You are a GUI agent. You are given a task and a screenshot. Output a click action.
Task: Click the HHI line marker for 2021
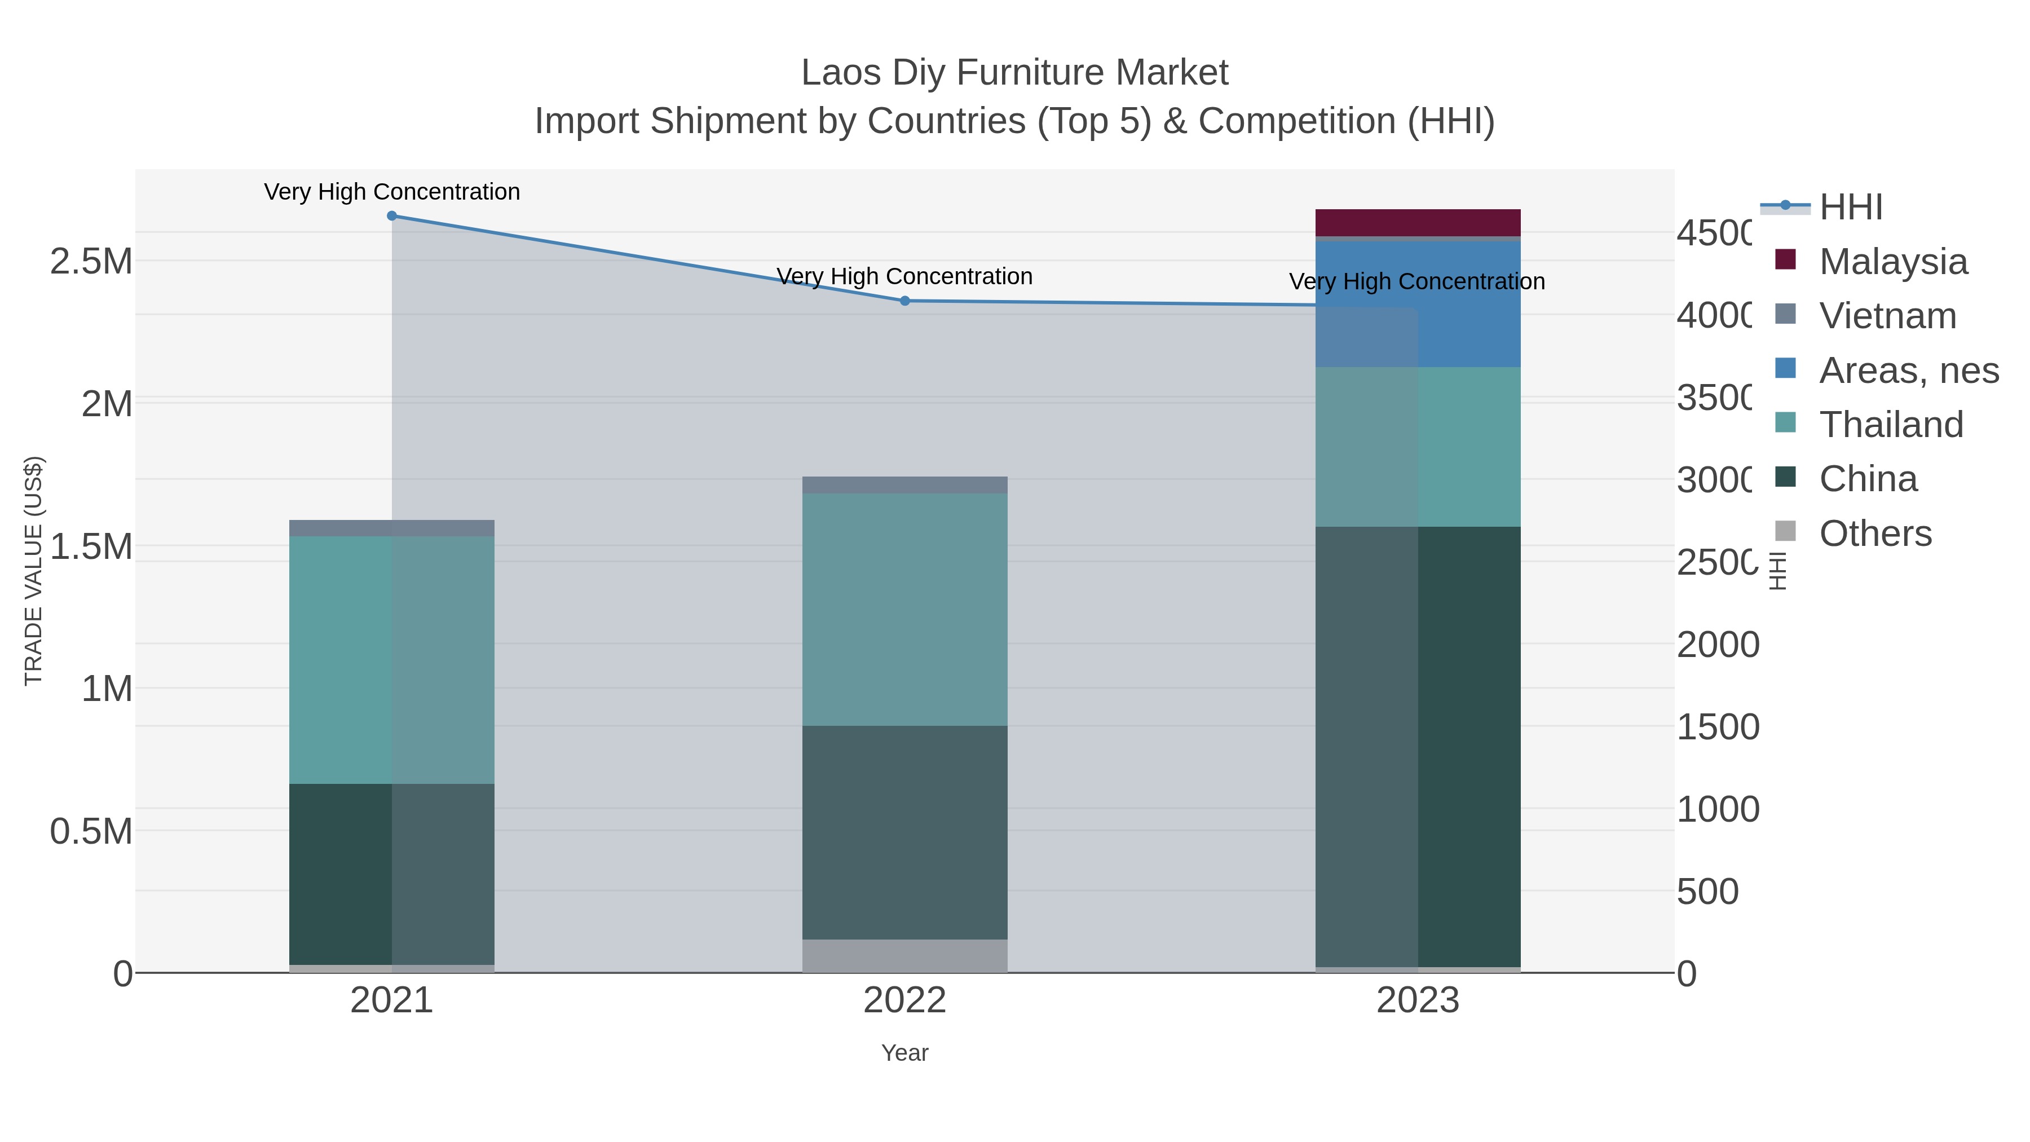[x=392, y=216]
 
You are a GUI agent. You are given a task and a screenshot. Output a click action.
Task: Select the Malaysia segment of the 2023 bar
[x=1418, y=222]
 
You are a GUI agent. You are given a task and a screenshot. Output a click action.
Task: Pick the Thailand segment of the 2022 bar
[x=904, y=609]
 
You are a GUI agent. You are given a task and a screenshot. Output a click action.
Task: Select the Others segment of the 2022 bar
[x=904, y=955]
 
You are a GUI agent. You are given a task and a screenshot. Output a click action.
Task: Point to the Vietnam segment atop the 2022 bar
[x=904, y=484]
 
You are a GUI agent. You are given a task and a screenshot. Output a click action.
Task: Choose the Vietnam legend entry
[x=1887, y=315]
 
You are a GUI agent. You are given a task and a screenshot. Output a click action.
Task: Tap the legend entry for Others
[x=1875, y=533]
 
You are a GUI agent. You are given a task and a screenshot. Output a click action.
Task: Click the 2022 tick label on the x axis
[x=904, y=1000]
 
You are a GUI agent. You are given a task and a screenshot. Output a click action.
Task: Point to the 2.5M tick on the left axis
[x=91, y=261]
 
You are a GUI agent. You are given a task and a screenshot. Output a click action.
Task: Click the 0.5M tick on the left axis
[x=91, y=831]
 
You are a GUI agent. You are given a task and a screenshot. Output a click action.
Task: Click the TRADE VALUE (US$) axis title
[x=33, y=571]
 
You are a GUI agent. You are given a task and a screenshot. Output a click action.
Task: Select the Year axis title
[x=904, y=1053]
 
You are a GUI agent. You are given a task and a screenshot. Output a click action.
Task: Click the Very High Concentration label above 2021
[x=392, y=192]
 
